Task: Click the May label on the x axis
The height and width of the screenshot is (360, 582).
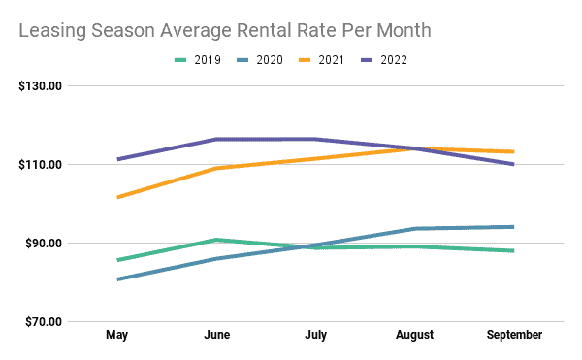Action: (x=117, y=335)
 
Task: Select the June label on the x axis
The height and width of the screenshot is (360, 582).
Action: (x=218, y=335)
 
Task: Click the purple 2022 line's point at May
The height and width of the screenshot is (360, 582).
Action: (x=117, y=159)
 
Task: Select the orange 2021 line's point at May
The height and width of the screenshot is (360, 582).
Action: (x=117, y=197)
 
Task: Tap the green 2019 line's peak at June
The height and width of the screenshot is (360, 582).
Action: (x=218, y=240)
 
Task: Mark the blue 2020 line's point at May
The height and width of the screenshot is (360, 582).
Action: (x=117, y=279)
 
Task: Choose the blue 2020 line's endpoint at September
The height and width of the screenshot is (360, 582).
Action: (x=513, y=227)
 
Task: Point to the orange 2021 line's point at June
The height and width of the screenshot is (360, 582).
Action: (x=218, y=168)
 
